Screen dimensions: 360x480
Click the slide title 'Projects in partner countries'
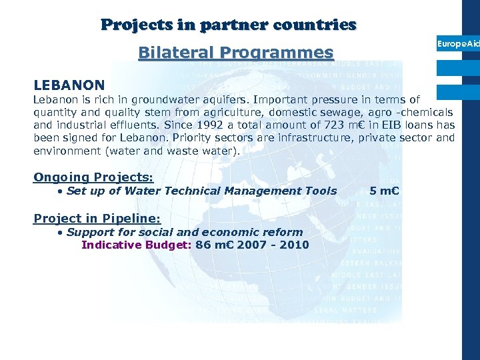click(229, 25)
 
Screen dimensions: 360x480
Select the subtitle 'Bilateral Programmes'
click(235, 52)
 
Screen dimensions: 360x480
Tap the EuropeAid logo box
click(458, 43)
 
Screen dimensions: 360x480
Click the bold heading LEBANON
click(69, 85)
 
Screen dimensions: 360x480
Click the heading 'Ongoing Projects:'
click(93, 177)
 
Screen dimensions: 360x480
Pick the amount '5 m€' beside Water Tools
click(385, 191)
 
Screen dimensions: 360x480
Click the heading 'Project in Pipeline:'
click(97, 219)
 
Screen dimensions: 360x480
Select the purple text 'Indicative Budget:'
click(137, 245)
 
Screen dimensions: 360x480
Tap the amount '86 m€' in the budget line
click(212, 245)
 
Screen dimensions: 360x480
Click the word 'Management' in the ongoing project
click(259, 191)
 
